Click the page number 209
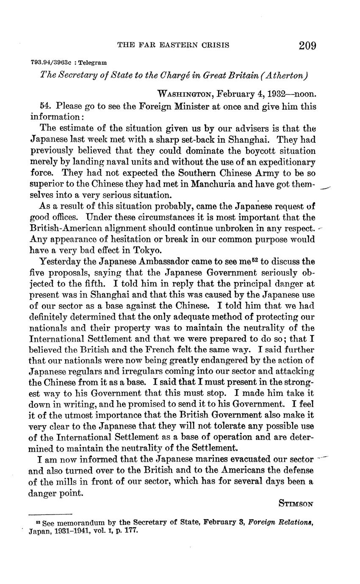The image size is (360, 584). coord(307,45)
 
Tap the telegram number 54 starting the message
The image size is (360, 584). coord(44,106)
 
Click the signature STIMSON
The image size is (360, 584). coord(296,504)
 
